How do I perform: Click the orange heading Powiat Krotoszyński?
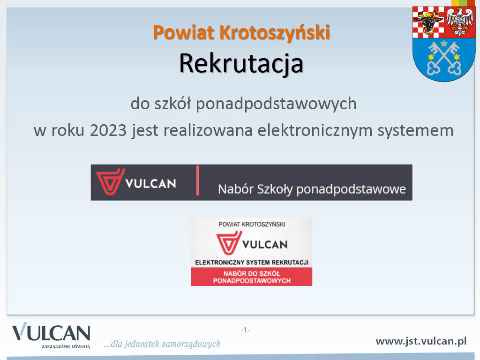pyautogui.click(x=241, y=33)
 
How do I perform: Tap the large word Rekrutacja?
pyautogui.click(x=241, y=63)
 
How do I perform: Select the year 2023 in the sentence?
pyautogui.click(x=108, y=130)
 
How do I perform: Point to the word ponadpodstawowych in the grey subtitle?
pyautogui.click(x=276, y=104)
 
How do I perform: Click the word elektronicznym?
pyautogui.click(x=314, y=130)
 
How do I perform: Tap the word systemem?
pyautogui.click(x=415, y=131)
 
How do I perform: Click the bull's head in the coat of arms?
pyautogui.click(x=428, y=22)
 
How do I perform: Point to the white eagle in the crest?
pyautogui.click(x=459, y=22)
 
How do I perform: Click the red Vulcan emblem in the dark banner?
pyautogui.click(x=110, y=181)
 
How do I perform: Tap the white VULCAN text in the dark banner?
pyautogui.click(x=150, y=184)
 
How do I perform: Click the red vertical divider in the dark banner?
pyautogui.click(x=198, y=180)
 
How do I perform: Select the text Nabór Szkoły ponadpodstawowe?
pyautogui.click(x=312, y=189)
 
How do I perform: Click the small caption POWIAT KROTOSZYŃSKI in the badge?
pyautogui.click(x=252, y=225)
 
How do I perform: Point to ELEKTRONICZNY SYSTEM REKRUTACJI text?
pyautogui.click(x=252, y=262)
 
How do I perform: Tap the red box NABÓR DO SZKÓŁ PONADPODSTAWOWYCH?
pyautogui.click(x=252, y=277)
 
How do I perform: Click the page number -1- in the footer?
pyautogui.click(x=245, y=330)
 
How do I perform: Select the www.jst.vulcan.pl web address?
pyautogui.click(x=421, y=341)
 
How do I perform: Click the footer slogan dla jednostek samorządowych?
pyautogui.click(x=162, y=344)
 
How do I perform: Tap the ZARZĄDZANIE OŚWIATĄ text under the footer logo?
pyautogui.click(x=66, y=346)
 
